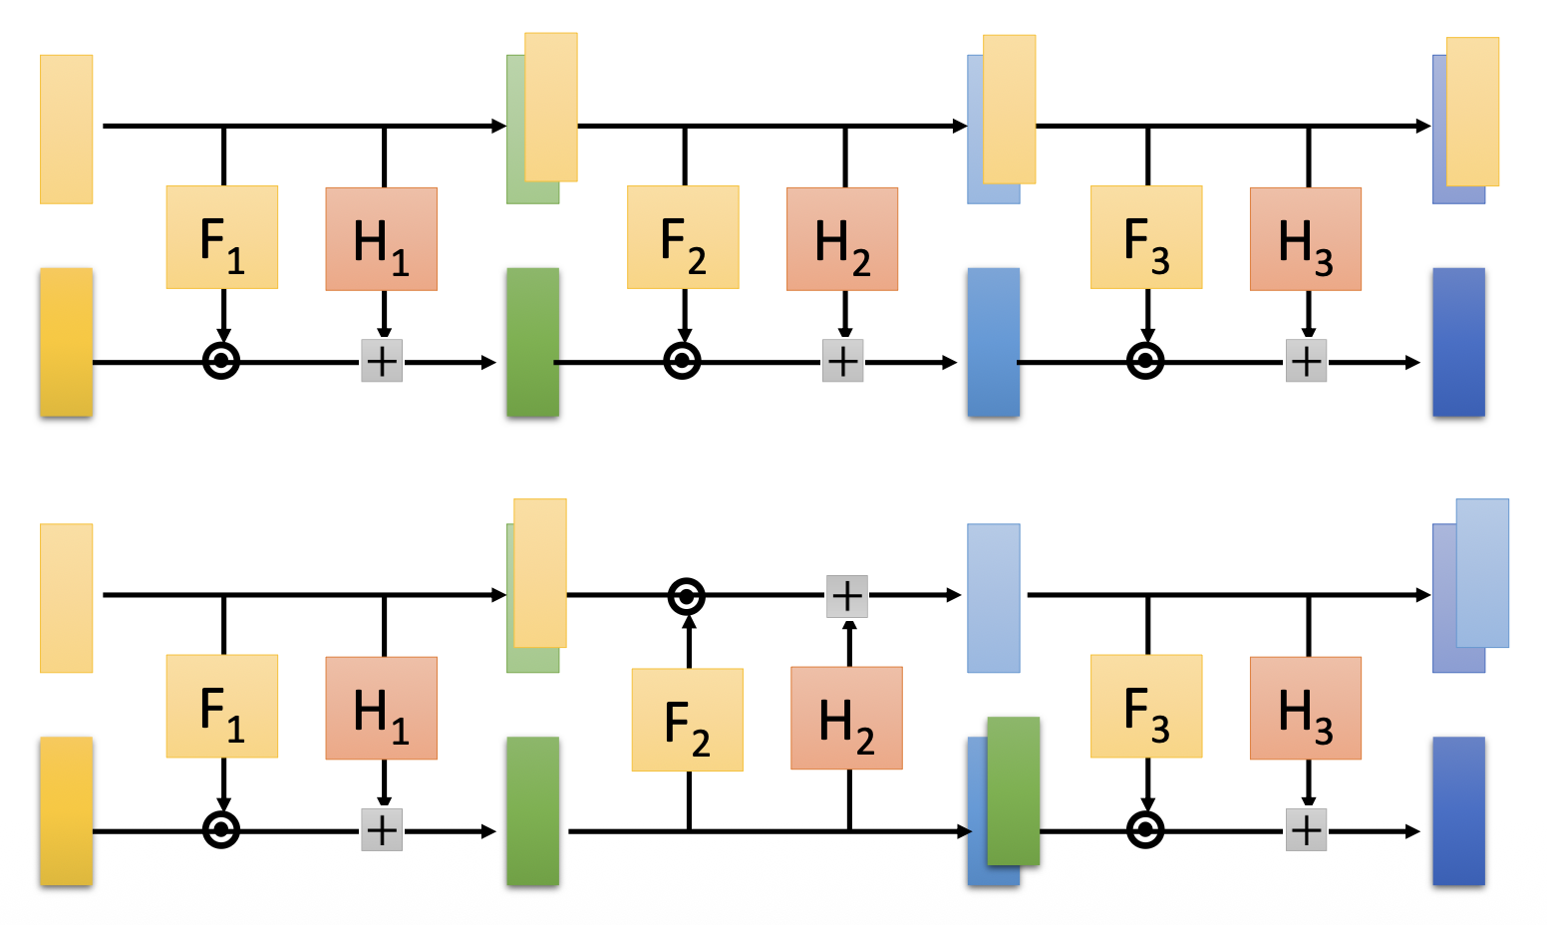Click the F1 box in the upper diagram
[x=221, y=237]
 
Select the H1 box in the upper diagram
[x=381, y=239]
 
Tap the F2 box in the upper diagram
[x=683, y=237]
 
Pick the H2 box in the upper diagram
[x=842, y=239]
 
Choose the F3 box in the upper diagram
[x=1146, y=237]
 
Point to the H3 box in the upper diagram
[x=1306, y=239]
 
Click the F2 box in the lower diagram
[x=687, y=720]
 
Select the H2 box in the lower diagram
[x=846, y=718]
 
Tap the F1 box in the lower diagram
[x=221, y=706]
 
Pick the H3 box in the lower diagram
[x=1306, y=708]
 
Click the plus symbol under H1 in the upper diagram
[x=382, y=361]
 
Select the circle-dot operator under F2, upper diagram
[x=682, y=361]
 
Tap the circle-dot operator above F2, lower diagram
[x=686, y=596]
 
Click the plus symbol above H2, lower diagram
[x=847, y=596]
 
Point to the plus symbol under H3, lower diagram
[x=1306, y=829]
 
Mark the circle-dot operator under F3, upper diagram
[x=1145, y=361]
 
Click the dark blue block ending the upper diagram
[x=1458, y=342]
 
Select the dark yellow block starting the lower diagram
[x=66, y=810]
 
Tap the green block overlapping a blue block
[x=1014, y=790]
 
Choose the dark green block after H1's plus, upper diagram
[x=532, y=342]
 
